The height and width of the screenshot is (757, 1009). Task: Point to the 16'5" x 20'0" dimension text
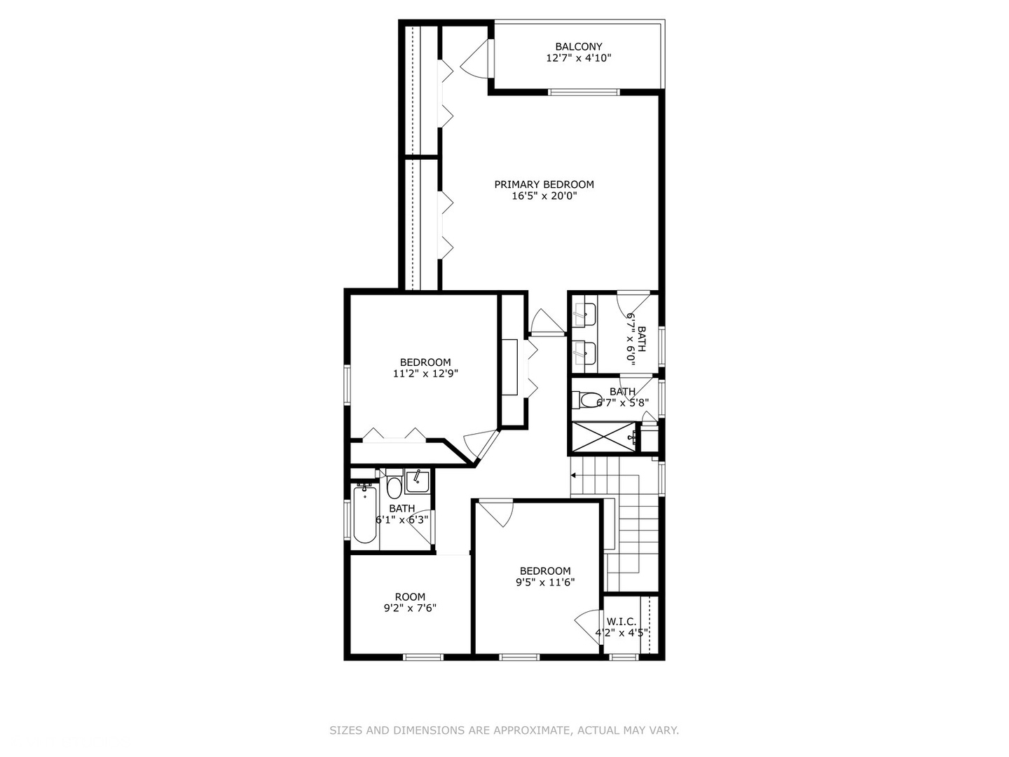[x=544, y=196]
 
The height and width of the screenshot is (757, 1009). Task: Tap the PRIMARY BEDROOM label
[x=544, y=184]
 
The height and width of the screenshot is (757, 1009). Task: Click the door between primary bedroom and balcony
[x=476, y=60]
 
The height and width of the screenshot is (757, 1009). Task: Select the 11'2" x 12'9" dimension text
[x=425, y=374]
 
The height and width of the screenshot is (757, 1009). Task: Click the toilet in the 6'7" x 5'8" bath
[x=585, y=400]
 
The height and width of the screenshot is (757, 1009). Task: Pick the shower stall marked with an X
[x=603, y=437]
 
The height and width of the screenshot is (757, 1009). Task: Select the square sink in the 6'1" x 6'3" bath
[x=418, y=481]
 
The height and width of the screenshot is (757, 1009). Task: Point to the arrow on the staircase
[x=574, y=475]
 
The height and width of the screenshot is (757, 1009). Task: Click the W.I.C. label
[x=622, y=622]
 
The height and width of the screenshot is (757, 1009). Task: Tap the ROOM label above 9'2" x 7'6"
[x=410, y=597]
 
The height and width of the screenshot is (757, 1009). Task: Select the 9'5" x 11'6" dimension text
[x=545, y=582]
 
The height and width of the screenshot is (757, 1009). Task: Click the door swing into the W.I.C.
[x=587, y=622]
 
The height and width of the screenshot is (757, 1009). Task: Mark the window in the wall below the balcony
[x=584, y=91]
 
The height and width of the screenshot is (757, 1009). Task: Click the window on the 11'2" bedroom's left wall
[x=346, y=384]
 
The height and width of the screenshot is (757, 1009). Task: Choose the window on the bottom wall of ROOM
[x=423, y=657]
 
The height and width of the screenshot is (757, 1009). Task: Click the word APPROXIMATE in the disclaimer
[x=532, y=730]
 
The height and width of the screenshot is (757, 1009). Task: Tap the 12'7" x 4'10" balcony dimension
[x=578, y=58]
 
